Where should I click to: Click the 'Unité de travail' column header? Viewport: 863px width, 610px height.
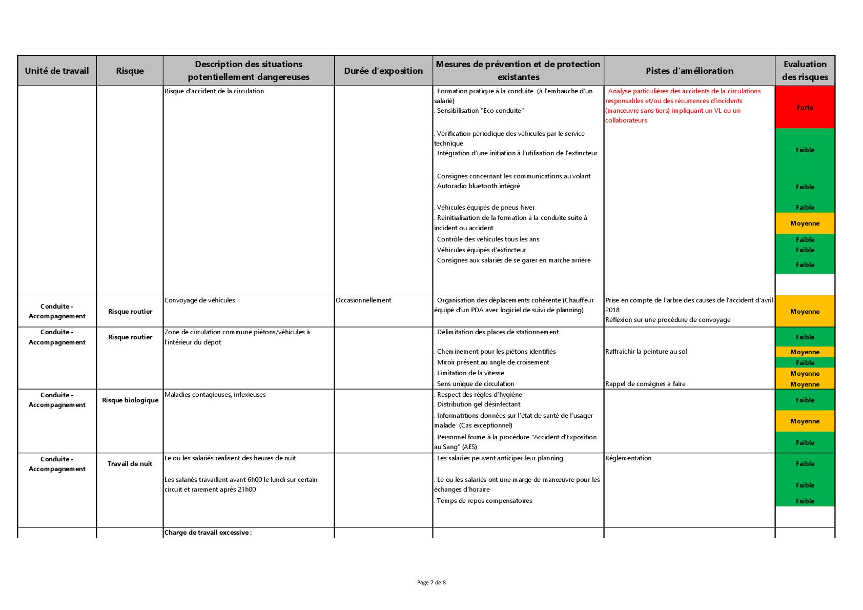coord(57,71)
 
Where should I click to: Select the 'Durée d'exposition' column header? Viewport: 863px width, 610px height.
coord(383,71)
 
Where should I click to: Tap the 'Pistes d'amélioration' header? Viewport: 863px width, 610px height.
coord(689,71)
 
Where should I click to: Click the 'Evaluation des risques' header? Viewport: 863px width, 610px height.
coord(805,71)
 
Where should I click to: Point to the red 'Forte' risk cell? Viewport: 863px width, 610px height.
coord(805,107)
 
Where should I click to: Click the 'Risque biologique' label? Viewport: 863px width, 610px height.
coord(130,400)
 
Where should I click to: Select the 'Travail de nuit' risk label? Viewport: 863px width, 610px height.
coord(130,463)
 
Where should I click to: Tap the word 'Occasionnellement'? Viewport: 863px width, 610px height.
coord(363,300)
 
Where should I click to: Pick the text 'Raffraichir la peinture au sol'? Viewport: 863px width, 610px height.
coord(646,351)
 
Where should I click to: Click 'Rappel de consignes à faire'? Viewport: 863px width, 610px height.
coord(645,383)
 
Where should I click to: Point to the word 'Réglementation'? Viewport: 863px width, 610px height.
coord(628,458)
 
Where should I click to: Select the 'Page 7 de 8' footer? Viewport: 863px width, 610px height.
coord(431,582)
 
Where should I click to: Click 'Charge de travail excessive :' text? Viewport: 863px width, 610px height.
coord(208,532)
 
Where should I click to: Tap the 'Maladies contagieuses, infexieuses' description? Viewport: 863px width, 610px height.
coord(215,394)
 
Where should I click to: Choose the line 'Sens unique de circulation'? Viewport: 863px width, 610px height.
coord(475,383)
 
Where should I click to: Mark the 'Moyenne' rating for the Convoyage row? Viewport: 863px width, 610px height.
coord(805,311)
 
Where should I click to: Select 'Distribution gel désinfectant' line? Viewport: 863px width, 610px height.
coord(479,404)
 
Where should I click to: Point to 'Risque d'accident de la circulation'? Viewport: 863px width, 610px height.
coord(214,91)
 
